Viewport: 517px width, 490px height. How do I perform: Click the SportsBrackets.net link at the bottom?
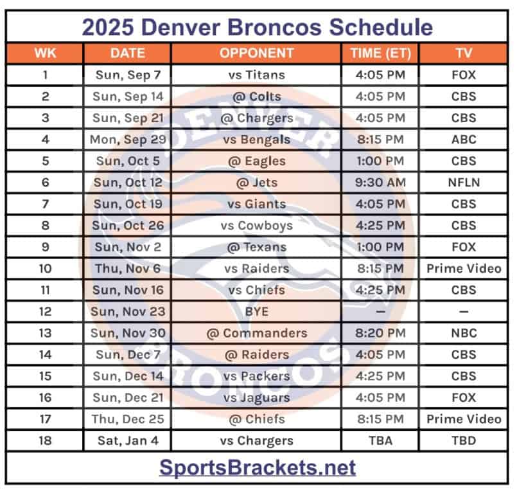click(x=257, y=467)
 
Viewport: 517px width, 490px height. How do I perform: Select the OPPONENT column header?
click(x=256, y=53)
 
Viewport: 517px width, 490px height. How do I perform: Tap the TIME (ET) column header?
click(x=380, y=53)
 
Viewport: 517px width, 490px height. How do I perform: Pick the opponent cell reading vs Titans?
click(x=256, y=75)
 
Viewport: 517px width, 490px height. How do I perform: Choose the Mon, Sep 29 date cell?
click(x=128, y=140)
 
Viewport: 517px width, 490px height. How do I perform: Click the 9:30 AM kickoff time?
click(x=381, y=183)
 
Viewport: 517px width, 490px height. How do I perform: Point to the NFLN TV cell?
click(x=463, y=183)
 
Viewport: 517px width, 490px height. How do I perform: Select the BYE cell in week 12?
click(x=256, y=312)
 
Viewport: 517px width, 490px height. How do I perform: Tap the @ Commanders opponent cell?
click(x=256, y=333)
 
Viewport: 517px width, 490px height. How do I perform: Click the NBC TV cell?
click(x=463, y=333)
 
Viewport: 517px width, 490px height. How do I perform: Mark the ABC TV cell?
click(x=463, y=140)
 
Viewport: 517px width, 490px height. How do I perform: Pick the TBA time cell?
click(x=381, y=441)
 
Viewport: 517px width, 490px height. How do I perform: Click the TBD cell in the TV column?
click(x=463, y=441)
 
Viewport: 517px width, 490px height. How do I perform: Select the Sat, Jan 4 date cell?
click(x=128, y=441)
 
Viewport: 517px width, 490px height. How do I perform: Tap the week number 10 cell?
click(x=45, y=269)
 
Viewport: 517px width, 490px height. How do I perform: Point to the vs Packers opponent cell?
click(x=256, y=376)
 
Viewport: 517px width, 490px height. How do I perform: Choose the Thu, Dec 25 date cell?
click(x=128, y=419)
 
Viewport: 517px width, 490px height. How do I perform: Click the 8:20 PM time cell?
click(x=381, y=333)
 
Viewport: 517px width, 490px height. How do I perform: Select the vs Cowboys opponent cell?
click(x=256, y=226)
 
